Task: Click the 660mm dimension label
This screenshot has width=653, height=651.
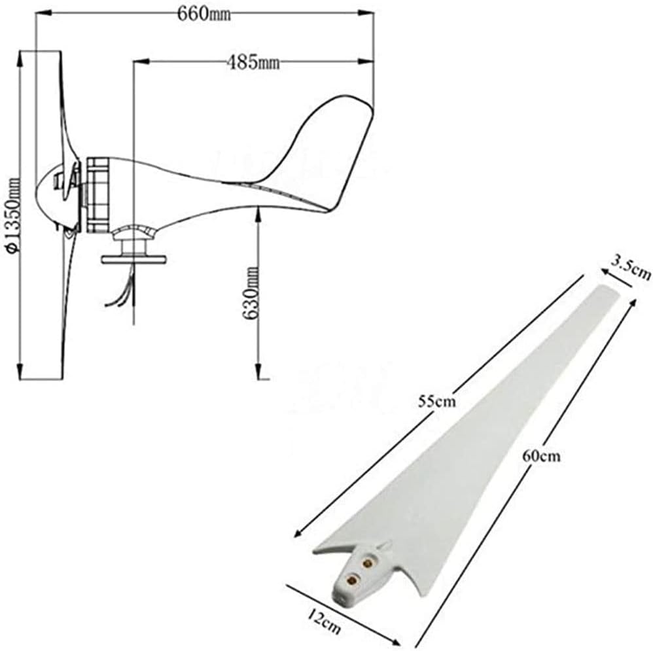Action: coord(204,14)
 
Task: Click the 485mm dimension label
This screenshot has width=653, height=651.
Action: coord(253,62)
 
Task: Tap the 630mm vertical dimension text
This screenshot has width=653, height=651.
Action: coord(251,292)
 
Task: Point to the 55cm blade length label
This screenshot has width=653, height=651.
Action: coord(437,401)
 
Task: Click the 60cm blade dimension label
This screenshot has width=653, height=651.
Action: coord(541,455)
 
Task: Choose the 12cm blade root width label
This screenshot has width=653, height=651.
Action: coord(325,621)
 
